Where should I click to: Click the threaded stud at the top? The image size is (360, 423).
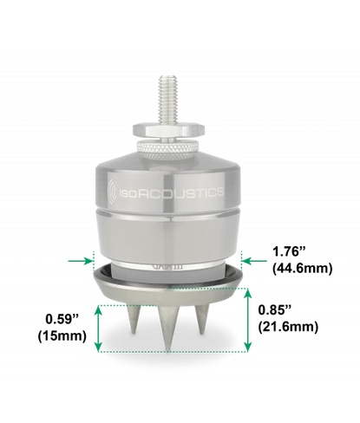pos(168,99)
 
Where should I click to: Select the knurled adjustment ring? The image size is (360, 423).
pos(168,149)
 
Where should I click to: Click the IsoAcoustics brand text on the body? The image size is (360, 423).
pos(172,192)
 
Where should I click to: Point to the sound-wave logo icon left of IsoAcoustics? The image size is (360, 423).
pos(112,192)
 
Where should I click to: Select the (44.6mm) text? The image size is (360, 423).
pos(302,269)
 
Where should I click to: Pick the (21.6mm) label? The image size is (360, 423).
pos(288,327)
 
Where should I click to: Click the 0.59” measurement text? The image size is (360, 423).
pos(62,319)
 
